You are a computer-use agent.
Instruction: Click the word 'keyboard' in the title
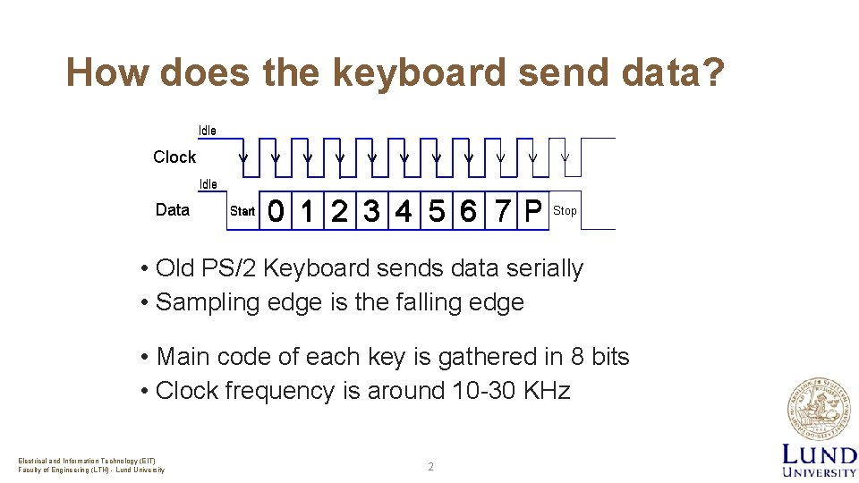419,72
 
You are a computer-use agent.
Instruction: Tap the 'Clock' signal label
174,157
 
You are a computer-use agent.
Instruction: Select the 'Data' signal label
173,209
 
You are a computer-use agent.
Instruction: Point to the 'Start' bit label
242,211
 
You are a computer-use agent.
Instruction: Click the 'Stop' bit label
565,211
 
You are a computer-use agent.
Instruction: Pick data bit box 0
277,211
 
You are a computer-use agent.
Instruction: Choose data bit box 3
370,211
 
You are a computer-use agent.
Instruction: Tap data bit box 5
436,211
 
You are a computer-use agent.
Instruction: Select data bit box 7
503,211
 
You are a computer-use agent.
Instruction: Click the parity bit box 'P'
533,211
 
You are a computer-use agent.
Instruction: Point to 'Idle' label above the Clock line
207,131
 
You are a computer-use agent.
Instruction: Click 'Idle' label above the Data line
208,184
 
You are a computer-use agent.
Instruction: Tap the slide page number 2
430,467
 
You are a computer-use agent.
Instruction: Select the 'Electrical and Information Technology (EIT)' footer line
87,461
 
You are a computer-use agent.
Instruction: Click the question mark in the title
712,72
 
